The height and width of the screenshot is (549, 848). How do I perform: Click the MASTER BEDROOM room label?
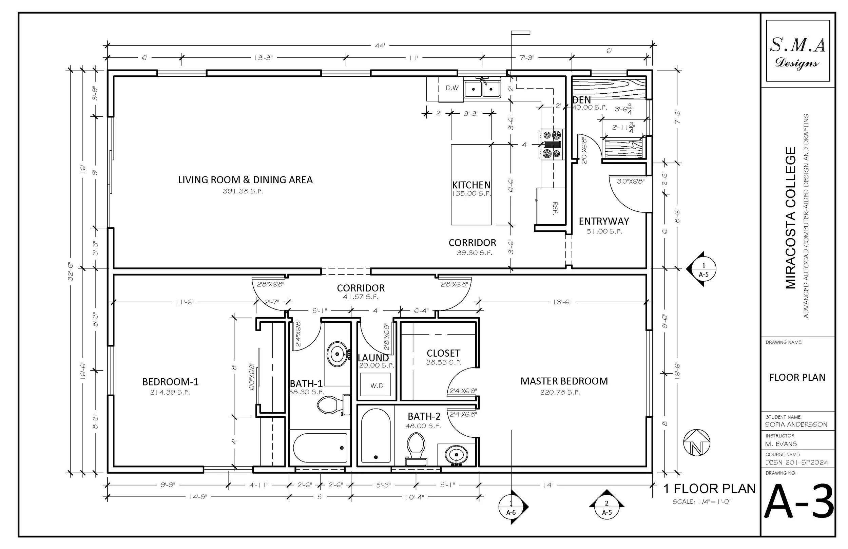click(x=564, y=381)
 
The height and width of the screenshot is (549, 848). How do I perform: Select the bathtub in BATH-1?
click(x=320, y=448)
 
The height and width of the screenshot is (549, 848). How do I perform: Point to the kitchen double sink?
click(x=482, y=89)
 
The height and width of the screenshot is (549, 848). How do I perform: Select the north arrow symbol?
click(x=697, y=442)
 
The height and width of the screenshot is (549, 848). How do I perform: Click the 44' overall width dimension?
click(x=380, y=45)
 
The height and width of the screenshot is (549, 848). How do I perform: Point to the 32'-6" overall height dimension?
click(x=71, y=271)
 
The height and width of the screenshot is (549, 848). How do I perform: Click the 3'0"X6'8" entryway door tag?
click(x=631, y=181)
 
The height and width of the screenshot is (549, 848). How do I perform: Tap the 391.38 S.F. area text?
click(x=243, y=191)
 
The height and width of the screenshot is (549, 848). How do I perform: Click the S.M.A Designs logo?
click(x=797, y=51)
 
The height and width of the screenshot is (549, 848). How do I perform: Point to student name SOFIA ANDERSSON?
click(x=796, y=424)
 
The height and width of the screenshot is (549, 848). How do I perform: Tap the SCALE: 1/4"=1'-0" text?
click(x=701, y=502)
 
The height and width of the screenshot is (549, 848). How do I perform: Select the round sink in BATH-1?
click(x=337, y=354)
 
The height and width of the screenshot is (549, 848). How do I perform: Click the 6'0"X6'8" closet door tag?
click(x=252, y=376)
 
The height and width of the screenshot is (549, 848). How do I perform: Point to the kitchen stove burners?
click(x=552, y=145)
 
